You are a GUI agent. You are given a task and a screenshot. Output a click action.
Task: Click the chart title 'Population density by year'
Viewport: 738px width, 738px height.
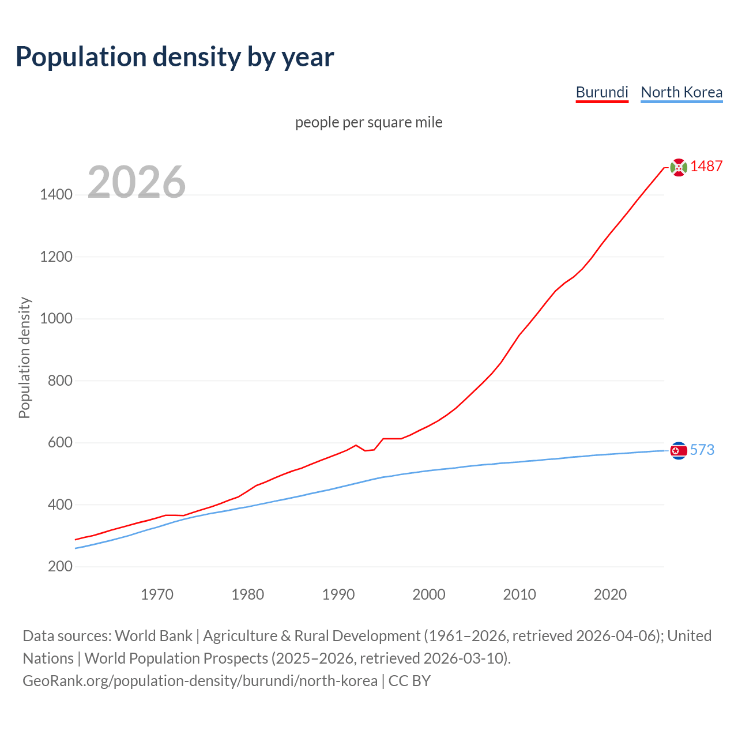point(175,57)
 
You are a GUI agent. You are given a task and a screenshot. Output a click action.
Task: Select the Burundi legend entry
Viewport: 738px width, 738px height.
point(602,92)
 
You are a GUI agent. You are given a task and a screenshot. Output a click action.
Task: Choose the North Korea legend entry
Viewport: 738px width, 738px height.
point(681,92)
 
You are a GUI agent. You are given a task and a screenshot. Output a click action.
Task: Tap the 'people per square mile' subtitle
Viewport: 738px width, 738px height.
point(368,122)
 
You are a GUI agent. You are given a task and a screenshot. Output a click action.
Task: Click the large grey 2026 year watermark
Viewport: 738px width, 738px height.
point(137,182)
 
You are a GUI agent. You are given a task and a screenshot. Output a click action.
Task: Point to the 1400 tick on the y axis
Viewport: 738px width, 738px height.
point(56,195)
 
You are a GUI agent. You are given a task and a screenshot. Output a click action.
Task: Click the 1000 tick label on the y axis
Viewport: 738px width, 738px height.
point(56,319)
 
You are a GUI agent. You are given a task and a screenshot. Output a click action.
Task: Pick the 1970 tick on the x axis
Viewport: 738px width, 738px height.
point(157,594)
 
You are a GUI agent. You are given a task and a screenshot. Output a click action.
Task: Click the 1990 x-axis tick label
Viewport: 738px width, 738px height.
point(338,594)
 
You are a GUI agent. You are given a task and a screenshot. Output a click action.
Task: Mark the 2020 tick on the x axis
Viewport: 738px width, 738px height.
point(610,594)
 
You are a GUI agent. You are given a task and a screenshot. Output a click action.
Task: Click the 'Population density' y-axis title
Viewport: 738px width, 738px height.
point(24,357)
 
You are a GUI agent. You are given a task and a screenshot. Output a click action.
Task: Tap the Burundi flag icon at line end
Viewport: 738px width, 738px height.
point(679,167)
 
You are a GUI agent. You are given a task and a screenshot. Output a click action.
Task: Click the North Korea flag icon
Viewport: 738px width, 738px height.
point(679,450)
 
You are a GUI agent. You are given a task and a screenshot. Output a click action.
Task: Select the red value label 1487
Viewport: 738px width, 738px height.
point(706,167)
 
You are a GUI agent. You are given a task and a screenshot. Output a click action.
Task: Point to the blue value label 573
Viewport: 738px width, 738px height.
point(702,450)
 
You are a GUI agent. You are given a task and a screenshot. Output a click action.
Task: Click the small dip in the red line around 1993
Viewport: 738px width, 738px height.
point(366,450)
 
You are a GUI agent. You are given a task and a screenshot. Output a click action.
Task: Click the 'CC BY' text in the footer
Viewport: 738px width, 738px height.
point(409,681)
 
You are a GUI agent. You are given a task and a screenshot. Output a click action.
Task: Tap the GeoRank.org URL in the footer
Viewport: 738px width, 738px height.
point(199,681)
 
